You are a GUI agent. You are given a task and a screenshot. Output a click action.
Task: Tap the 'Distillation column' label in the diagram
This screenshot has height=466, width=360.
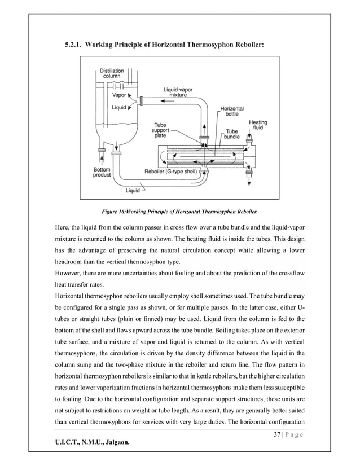pos(112,73)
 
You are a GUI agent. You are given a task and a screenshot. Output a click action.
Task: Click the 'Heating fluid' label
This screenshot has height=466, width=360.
pos(258,125)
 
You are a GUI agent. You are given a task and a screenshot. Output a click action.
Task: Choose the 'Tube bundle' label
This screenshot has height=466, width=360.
pos(232,133)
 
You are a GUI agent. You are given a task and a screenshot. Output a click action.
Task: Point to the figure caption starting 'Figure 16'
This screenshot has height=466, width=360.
pos(179,212)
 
